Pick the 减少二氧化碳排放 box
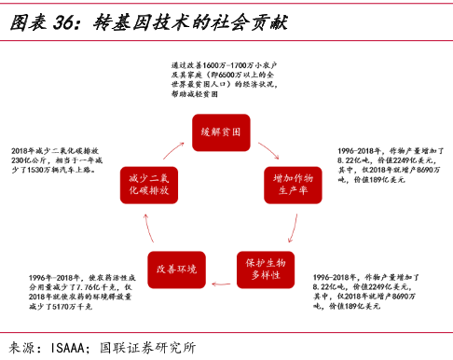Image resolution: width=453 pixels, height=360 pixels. [x=149, y=184]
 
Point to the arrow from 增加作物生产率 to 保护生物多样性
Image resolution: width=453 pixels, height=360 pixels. [x=295, y=229]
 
